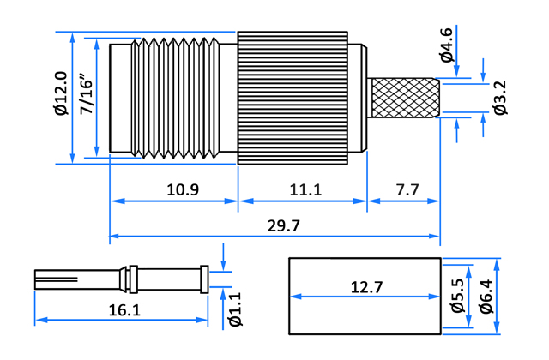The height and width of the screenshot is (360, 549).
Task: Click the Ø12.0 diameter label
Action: [61, 93]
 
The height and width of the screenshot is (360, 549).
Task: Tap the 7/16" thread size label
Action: [86, 93]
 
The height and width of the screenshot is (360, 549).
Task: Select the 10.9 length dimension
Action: [183, 189]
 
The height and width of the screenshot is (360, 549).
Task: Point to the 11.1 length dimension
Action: [305, 189]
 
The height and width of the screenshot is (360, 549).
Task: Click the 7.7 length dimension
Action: [407, 189]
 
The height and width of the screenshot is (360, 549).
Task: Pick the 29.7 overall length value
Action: [284, 225]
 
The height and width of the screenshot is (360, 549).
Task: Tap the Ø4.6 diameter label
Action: [446, 45]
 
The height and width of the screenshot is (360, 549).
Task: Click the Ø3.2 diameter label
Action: [500, 98]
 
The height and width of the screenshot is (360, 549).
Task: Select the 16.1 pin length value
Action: [124, 310]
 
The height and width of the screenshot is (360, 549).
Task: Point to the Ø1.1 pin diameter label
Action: [235, 309]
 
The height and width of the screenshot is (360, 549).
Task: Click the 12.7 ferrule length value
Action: [367, 287]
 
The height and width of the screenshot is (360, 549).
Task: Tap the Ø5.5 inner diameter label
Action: [457, 296]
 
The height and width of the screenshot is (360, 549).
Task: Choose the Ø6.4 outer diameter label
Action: [486, 297]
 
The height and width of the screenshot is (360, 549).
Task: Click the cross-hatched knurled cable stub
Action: [404, 98]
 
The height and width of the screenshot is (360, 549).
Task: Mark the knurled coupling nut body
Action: [293, 98]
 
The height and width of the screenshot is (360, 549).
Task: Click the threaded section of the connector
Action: [175, 98]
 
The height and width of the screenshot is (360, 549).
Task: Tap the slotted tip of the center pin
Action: [56, 279]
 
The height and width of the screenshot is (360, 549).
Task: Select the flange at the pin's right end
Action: [204, 279]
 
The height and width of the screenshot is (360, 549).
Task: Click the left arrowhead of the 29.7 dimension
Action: [114, 237]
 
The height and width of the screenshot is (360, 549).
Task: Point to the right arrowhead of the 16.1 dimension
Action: [203, 320]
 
